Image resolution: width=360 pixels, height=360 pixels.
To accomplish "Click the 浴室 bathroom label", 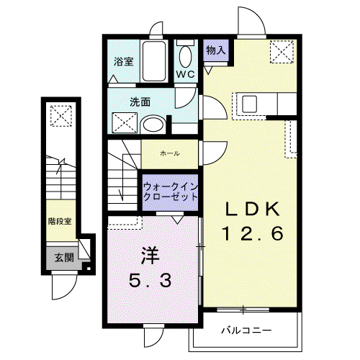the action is pos(123,62).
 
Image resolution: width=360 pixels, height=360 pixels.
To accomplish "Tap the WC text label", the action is pos(186,74).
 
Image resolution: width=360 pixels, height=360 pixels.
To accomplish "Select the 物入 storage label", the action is pos(215,50).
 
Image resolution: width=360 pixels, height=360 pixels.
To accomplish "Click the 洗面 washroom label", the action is pos(140,102).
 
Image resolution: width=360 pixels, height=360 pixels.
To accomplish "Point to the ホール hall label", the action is pos(170,153).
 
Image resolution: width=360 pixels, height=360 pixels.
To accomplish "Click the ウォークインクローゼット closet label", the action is pos(171,192).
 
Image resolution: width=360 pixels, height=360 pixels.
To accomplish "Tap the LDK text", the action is pos(253,210).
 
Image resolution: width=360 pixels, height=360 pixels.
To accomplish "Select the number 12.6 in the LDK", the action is pos(253,234).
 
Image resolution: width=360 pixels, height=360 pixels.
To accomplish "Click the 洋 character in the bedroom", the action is pos(150,256).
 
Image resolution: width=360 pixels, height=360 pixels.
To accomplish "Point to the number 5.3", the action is pos(150,281).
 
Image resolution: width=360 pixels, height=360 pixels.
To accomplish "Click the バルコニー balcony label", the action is pos(246,330).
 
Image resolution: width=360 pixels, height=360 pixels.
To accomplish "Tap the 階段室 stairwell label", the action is pos(60,221).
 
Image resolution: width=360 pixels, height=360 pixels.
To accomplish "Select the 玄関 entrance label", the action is pos(64,258).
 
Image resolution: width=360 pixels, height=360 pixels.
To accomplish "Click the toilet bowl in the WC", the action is pos(186,57).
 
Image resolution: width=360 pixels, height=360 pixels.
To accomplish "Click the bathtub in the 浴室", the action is pos(154,61).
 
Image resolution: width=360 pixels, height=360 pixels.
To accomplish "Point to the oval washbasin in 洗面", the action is pos(153,125).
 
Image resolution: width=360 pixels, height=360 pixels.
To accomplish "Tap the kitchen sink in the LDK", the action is pos(250,104).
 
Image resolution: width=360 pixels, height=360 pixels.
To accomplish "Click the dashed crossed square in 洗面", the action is pos(125,122).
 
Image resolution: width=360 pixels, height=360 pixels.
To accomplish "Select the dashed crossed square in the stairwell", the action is pos(61,116).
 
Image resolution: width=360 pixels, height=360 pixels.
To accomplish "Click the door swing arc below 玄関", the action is pos(70,293).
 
